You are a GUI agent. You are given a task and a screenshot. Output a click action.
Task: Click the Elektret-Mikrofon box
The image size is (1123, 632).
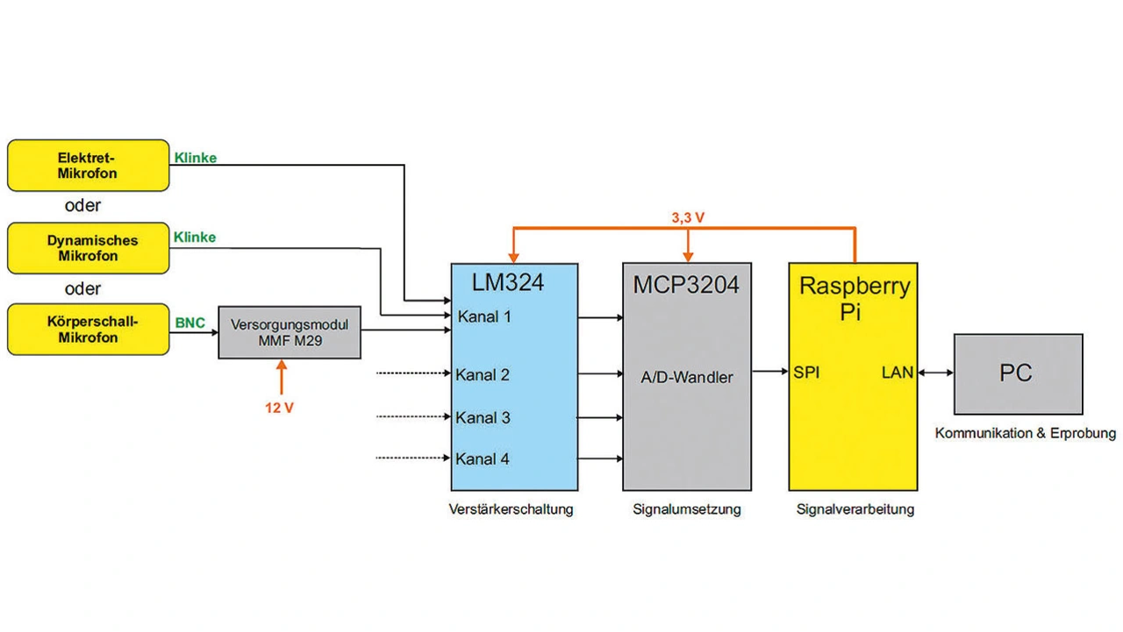pos(88,166)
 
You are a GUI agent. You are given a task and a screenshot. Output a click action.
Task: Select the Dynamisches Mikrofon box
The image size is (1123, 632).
pos(88,248)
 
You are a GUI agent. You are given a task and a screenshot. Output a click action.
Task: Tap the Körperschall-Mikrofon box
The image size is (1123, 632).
pos(88,330)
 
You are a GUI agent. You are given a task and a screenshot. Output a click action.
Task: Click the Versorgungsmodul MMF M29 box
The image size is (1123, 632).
pos(290,332)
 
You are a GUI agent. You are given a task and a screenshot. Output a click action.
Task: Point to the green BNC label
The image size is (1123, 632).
pos(190,323)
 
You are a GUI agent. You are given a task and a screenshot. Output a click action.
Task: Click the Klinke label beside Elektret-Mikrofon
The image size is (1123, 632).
pos(195,159)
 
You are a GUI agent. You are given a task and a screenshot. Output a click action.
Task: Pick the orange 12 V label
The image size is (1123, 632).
pos(279,408)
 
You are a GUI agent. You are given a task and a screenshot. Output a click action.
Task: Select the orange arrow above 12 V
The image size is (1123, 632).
pos(282,379)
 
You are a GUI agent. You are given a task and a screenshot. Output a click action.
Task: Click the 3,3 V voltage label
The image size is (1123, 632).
pos(690,218)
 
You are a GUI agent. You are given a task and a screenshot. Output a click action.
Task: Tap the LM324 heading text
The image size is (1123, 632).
pos(508,282)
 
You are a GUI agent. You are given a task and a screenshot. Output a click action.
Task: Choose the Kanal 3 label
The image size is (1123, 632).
pos(483,417)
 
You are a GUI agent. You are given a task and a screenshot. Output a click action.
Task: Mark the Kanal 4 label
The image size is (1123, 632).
pos(483,458)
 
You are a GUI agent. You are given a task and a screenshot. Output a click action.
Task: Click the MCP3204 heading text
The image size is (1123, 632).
pos(686,284)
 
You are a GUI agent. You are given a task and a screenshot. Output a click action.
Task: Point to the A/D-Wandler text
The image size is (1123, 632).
pos(686,377)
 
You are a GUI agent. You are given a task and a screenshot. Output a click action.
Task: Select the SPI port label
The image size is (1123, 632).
pos(806,372)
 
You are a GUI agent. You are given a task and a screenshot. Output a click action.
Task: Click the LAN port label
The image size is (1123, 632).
pos(897,373)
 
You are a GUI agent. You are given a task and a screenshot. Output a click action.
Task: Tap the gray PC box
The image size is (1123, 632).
pos(1018,373)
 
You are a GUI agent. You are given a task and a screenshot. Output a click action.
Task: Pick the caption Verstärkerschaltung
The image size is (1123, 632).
pos(511,509)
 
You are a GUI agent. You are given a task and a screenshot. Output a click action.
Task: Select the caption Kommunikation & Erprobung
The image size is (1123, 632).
pos(1025,433)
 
